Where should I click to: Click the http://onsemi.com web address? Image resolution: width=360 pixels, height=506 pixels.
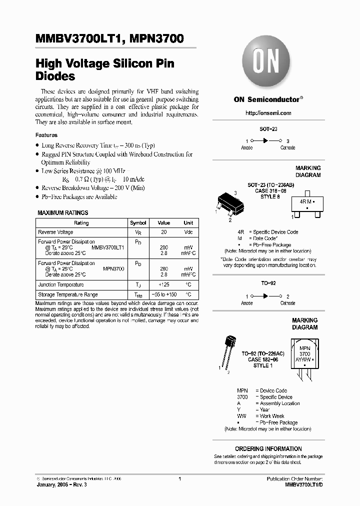click(268, 113)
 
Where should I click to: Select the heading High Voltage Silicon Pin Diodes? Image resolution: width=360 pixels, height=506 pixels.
click(104, 70)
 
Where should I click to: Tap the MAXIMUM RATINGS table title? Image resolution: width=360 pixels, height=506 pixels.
click(63, 212)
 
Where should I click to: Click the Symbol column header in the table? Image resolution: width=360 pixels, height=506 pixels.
click(138, 223)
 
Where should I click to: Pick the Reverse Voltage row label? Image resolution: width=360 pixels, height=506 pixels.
click(55, 232)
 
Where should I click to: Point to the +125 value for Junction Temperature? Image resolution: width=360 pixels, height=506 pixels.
click(164, 284)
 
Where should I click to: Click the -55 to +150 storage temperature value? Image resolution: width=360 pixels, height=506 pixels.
click(164, 295)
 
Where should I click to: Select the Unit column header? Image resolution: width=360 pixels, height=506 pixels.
click(188, 223)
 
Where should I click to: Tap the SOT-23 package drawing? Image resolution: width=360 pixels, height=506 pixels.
click(228, 204)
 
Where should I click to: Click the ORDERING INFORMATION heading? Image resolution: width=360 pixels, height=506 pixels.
click(268, 448)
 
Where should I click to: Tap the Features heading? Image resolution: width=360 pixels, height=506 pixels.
click(46, 135)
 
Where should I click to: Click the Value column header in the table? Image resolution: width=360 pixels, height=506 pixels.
click(164, 223)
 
